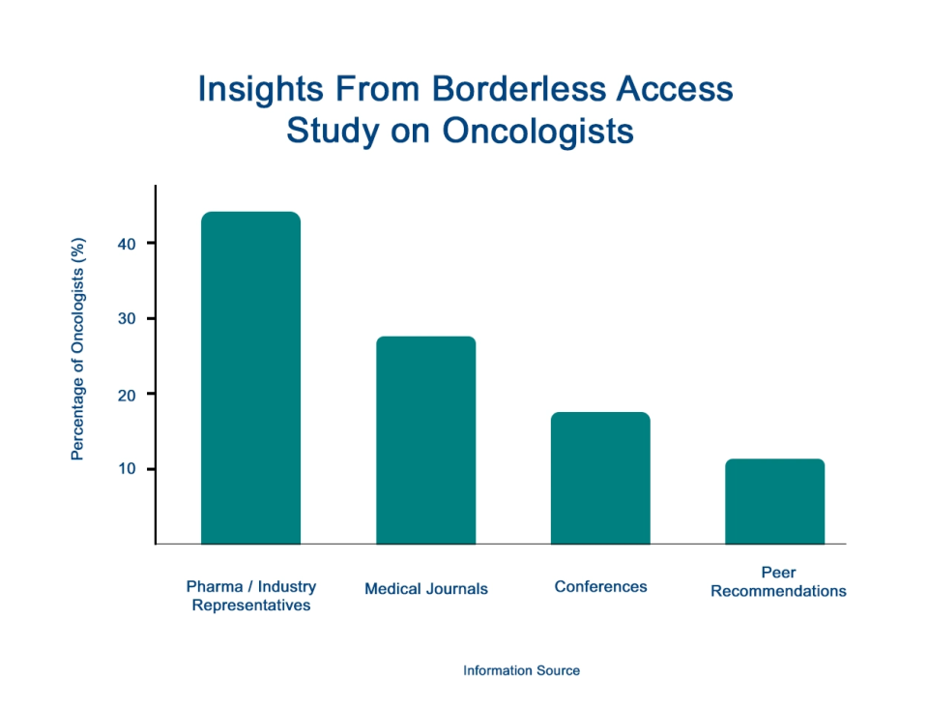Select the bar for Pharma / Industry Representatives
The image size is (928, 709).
point(250,377)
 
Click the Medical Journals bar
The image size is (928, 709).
point(425,440)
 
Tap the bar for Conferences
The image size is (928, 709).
point(600,478)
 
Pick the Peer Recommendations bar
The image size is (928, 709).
point(775,501)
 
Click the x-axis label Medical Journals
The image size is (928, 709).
point(426,588)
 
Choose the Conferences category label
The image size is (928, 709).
point(600,586)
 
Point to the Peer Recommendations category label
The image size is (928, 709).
point(778,581)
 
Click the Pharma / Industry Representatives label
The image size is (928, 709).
point(250,596)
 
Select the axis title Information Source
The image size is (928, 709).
point(521,670)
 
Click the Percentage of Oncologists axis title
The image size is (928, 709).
point(78,349)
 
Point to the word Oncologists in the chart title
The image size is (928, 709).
point(537,131)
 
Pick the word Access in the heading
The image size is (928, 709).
point(681,89)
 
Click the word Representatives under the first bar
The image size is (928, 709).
point(250,606)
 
